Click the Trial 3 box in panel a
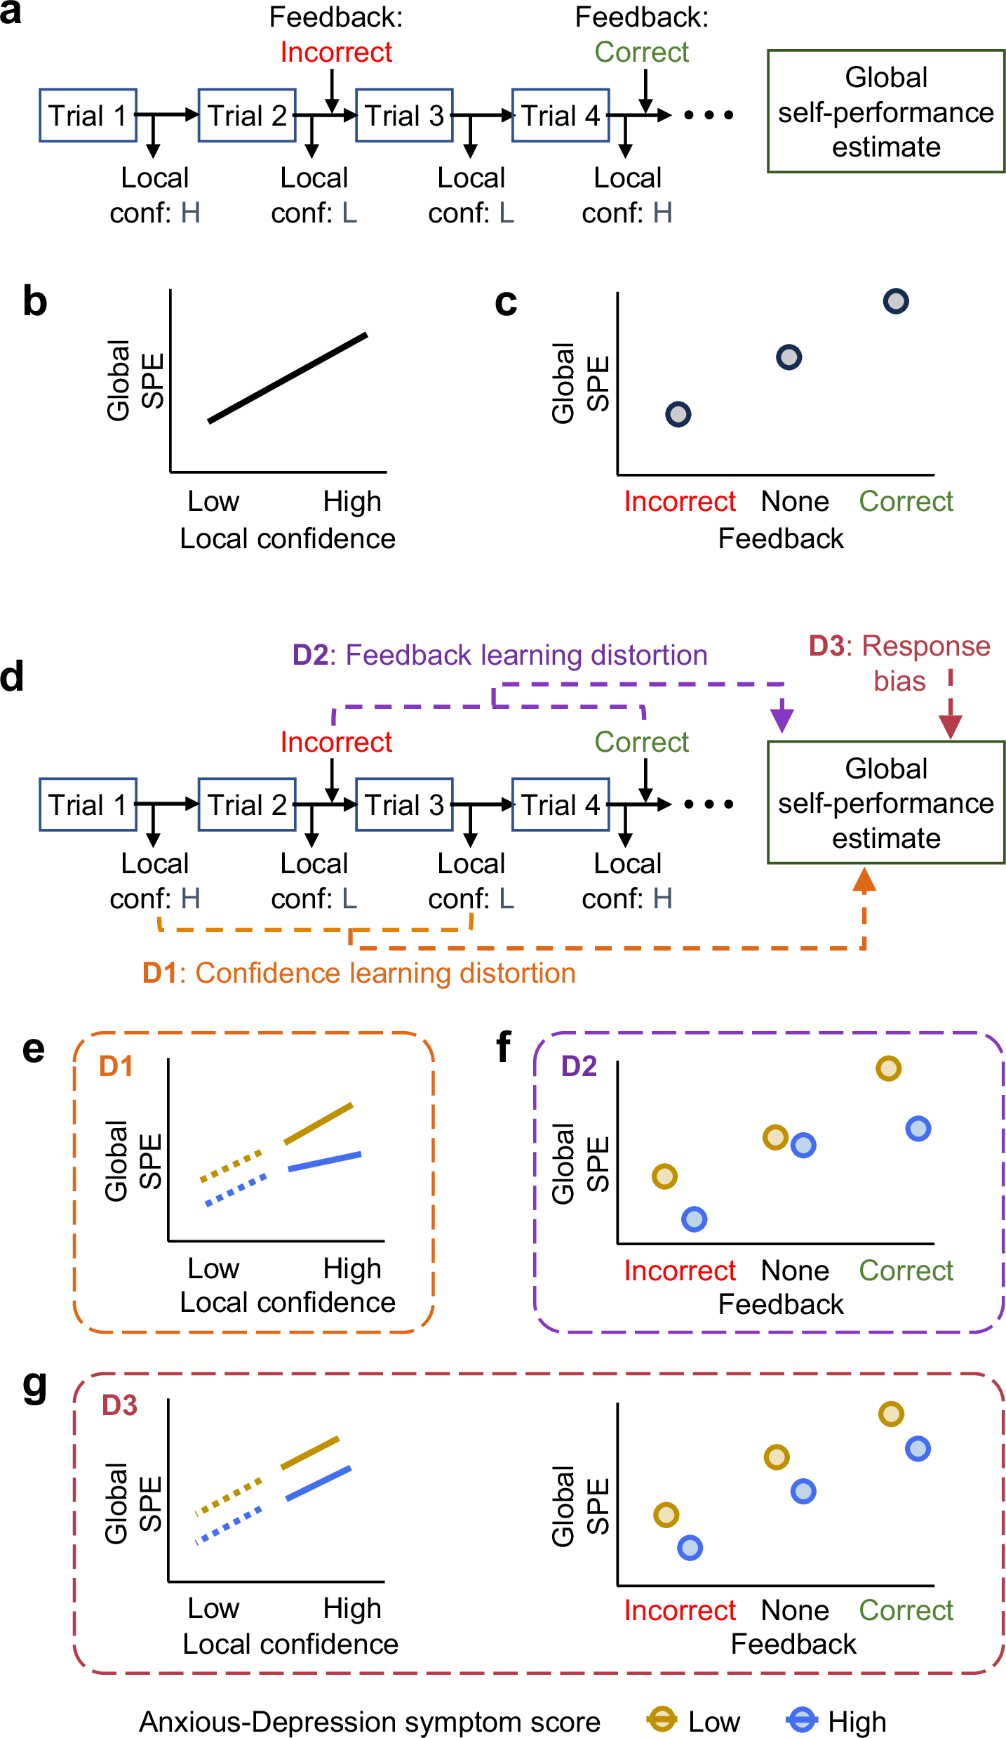point(404,116)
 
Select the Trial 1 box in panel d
point(88,805)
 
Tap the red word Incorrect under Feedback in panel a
point(336,53)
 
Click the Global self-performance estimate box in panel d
point(885,803)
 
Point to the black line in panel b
point(288,378)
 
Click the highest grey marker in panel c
point(896,301)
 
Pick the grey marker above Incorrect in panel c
point(678,414)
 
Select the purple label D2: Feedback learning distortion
point(499,655)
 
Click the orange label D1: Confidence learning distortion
point(358,974)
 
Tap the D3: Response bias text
point(899,663)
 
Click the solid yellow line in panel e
point(318,1124)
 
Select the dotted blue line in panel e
point(236,1190)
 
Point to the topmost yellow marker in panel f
point(888,1068)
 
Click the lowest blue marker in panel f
point(694,1219)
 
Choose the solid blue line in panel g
point(318,1484)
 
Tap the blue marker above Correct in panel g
point(918,1448)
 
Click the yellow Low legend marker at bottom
point(662,1720)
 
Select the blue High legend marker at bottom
point(802,1720)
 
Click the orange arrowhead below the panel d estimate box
point(864,880)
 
